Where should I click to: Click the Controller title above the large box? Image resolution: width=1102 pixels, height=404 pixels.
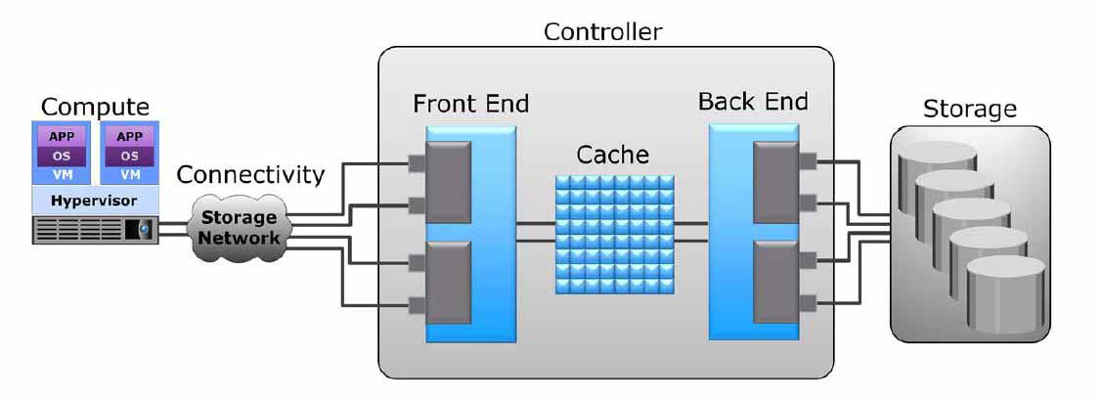(x=603, y=31)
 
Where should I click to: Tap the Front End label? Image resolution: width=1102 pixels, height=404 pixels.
(x=470, y=104)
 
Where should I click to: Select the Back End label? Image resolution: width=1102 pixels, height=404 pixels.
(x=753, y=102)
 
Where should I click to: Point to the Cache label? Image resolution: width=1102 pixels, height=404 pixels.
(x=613, y=155)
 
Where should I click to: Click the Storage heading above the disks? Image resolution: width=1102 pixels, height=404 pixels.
(x=969, y=109)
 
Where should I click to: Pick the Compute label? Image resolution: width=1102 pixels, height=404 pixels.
(x=96, y=107)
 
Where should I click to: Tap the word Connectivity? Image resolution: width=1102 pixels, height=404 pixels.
(x=251, y=174)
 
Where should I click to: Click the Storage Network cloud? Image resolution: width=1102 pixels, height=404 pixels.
(x=239, y=227)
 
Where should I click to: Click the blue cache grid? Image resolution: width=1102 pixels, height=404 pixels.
(x=615, y=234)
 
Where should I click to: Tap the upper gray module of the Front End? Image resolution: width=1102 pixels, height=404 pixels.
(x=449, y=182)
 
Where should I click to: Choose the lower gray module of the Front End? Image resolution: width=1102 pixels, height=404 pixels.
(x=449, y=282)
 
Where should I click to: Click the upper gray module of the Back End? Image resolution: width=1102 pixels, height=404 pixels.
(x=776, y=182)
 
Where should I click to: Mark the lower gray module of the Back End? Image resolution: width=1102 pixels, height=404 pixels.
(x=776, y=282)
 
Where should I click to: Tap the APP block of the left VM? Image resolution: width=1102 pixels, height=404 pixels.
(x=62, y=136)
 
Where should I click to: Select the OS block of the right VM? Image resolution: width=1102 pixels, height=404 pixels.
(x=130, y=156)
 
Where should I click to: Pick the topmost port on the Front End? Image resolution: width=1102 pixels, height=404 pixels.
(x=417, y=163)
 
